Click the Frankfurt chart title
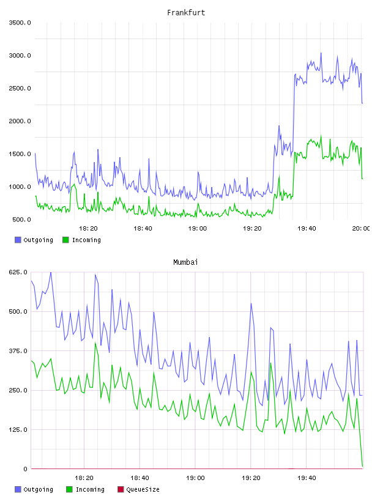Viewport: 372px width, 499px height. pos(186,13)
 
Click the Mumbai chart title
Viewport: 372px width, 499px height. pos(185,262)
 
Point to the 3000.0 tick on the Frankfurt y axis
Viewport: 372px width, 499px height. pos(20,56)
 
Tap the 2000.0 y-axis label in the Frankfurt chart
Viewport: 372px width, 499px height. pos(20,121)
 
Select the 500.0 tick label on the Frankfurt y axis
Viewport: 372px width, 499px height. pos(21,220)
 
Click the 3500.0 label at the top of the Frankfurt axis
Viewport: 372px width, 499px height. pos(20,23)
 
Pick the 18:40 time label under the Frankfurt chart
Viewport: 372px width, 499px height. pos(143,229)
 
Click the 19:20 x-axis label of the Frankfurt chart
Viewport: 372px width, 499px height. pos(252,229)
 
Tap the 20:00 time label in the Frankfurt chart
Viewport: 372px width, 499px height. pos(361,229)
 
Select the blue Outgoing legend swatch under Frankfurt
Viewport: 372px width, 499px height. pos(18,240)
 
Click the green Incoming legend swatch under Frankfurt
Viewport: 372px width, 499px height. pos(65,240)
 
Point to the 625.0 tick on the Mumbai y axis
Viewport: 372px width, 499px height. pos(18,272)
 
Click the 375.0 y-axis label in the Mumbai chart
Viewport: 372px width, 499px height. pos(18,351)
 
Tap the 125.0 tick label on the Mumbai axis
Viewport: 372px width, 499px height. pos(18,430)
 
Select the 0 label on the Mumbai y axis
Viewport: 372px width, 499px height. pos(25,469)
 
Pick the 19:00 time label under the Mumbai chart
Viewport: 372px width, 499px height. pos(195,478)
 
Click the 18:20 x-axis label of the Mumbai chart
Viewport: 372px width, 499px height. pos(84,478)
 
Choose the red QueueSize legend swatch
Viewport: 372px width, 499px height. pos(121,489)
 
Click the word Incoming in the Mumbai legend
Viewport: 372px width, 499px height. pos(90,490)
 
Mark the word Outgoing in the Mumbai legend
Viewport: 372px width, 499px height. pos(38,490)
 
